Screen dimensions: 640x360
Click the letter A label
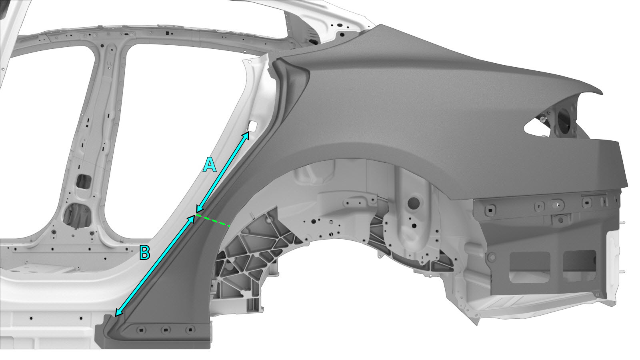pyautogui.click(x=210, y=166)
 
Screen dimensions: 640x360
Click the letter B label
pyautogui.click(x=144, y=252)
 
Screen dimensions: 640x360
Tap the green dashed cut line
pyautogui.click(x=213, y=220)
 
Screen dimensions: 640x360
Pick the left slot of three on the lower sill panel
pyautogui.click(x=141, y=330)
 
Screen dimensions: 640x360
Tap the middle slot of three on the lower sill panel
pyautogui.click(x=166, y=330)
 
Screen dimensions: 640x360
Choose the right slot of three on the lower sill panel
pyautogui.click(x=190, y=330)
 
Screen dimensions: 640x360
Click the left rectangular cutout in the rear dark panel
pyautogui.click(x=530, y=268)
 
